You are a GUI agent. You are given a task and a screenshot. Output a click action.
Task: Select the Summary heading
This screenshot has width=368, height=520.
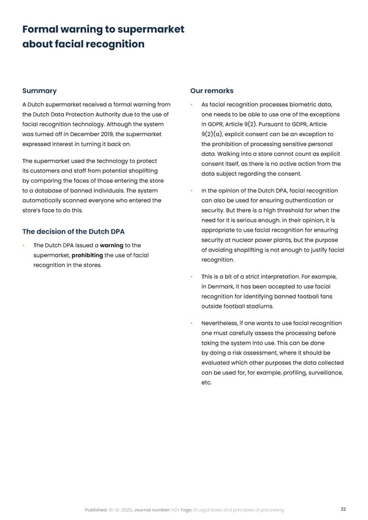click(39, 91)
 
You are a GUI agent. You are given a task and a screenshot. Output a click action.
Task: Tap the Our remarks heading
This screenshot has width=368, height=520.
click(212, 91)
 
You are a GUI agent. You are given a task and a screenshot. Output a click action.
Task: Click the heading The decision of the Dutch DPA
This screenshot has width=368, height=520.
click(73, 231)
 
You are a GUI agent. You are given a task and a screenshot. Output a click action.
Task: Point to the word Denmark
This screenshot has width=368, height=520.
click(223, 287)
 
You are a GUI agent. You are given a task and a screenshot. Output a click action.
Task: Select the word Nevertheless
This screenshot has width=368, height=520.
click(222, 323)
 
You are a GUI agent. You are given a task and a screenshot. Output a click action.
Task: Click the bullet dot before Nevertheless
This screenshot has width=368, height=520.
click(192, 323)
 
